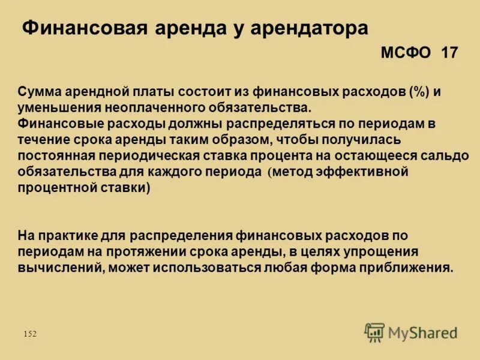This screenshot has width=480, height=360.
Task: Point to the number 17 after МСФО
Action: coord(449,53)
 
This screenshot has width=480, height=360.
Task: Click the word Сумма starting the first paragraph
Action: coord(37,92)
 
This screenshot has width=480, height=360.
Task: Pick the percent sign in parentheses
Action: coord(416,92)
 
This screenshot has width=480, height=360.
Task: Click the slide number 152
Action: coord(30,334)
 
